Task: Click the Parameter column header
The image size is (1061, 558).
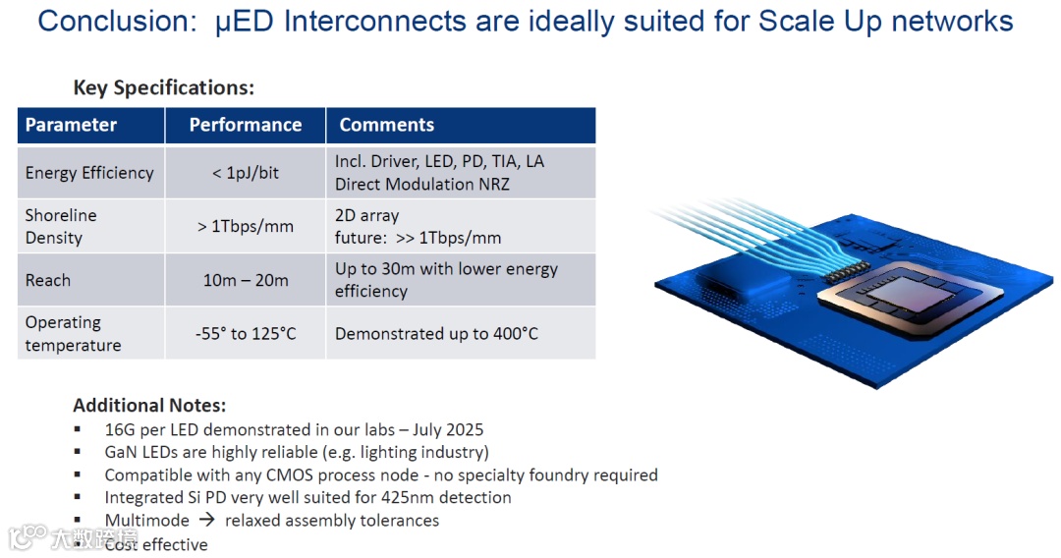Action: (71, 125)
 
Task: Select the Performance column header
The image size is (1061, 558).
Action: (246, 125)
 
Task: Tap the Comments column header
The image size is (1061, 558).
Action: (386, 125)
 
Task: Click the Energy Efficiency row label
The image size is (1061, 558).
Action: (89, 173)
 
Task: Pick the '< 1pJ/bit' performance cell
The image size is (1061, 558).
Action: (246, 173)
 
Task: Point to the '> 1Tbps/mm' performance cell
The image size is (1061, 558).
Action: (246, 227)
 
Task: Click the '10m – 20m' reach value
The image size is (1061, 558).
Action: (246, 280)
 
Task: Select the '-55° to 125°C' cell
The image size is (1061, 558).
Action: (246, 333)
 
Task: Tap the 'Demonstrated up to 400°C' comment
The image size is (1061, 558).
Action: (436, 333)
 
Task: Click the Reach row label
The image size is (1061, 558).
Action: (48, 280)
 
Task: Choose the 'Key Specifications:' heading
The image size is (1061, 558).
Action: (164, 88)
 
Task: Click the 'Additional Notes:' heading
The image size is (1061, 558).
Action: (149, 405)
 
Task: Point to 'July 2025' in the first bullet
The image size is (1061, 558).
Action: (448, 430)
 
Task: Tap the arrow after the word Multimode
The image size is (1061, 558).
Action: (207, 520)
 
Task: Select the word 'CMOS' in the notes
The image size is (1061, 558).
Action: (289, 474)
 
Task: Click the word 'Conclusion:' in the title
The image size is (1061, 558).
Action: (117, 22)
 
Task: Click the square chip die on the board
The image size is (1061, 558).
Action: (908, 299)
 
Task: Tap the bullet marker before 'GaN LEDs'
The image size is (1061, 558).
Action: (78, 452)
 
